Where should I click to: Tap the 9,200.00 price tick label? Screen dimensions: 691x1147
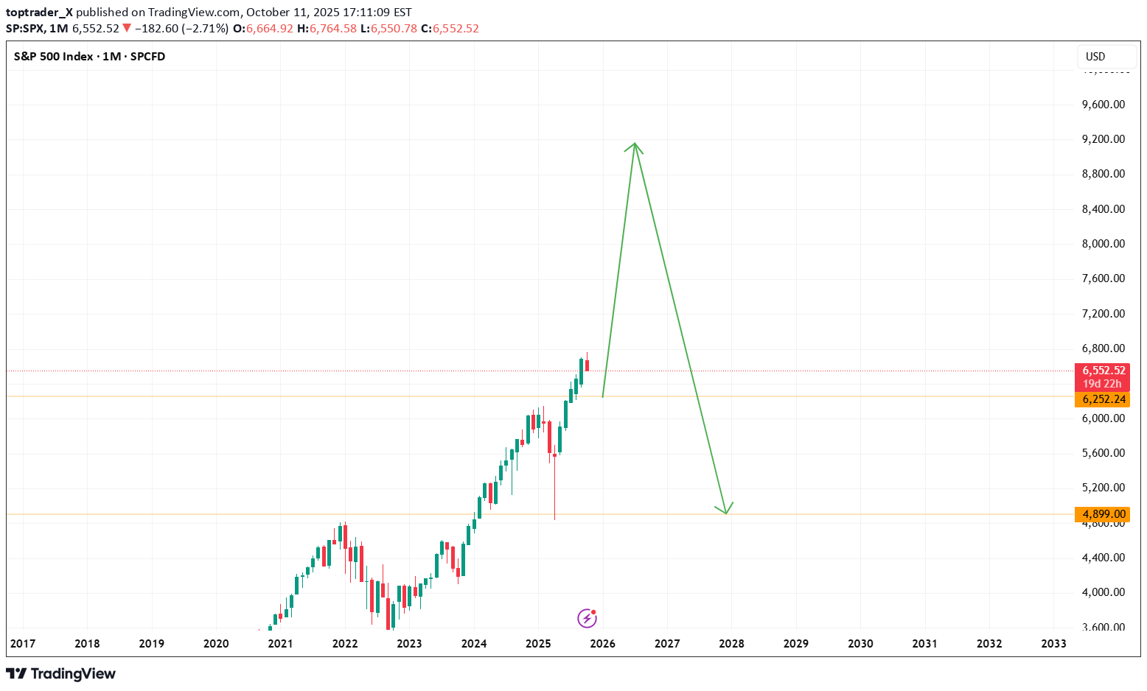coord(1103,139)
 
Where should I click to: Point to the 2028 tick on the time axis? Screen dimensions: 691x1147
coord(731,643)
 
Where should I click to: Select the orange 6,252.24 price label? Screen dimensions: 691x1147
coord(1103,399)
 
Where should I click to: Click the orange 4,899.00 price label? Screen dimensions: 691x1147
coord(1103,514)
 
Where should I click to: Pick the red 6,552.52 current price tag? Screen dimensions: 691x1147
coord(1103,371)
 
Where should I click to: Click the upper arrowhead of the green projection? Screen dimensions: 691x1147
coord(634,144)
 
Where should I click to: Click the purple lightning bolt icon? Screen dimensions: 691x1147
coord(587,618)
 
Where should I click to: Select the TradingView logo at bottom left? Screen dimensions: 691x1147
coord(61,674)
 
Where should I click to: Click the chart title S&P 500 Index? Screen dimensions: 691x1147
coord(54,57)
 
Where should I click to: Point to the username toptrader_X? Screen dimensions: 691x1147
coord(39,13)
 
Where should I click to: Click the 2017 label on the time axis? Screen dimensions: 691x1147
coord(23,643)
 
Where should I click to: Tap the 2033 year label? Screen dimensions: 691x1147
coord(1053,643)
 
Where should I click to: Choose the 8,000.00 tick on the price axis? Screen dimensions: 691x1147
coord(1103,244)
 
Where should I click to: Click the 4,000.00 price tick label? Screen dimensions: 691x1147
coord(1103,592)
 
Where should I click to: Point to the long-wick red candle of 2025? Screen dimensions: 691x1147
coord(554,471)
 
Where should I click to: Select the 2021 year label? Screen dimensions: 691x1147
coord(280,643)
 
